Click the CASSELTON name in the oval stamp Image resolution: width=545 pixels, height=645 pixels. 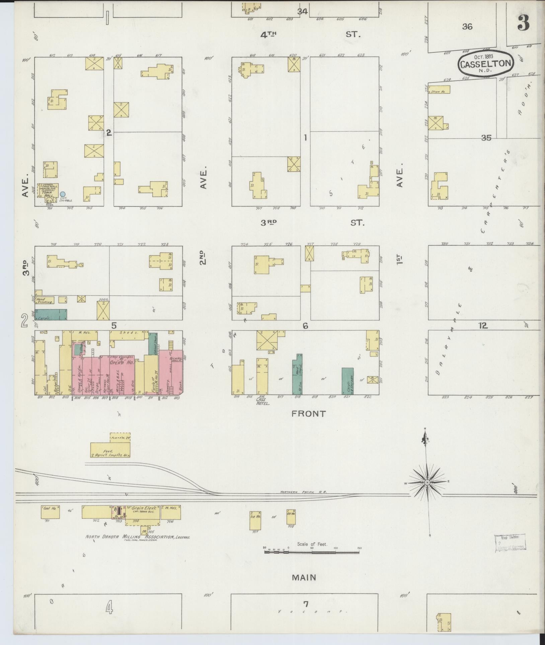(x=485, y=63)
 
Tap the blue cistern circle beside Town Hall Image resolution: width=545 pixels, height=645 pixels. (x=63, y=194)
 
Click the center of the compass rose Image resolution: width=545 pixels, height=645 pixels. (x=427, y=482)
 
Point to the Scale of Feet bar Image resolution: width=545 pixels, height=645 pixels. (x=313, y=551)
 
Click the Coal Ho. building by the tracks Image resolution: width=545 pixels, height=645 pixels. (x=51, y=512)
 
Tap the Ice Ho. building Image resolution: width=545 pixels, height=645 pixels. (x=255, y=520)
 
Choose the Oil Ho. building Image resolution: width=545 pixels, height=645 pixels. (x=291, y=516)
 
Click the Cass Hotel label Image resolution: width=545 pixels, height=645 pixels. (x=263, y=402)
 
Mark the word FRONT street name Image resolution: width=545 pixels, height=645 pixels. (x=308, y=414)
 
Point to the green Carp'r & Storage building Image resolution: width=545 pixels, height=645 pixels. (x=347, y=381)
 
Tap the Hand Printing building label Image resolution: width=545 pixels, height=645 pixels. (x=45, y=300)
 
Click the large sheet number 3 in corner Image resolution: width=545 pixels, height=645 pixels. (x=523, y=23)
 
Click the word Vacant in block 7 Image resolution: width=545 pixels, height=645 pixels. (x=311, y=612)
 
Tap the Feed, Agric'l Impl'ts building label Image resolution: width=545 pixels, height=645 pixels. (x=110, y=453)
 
